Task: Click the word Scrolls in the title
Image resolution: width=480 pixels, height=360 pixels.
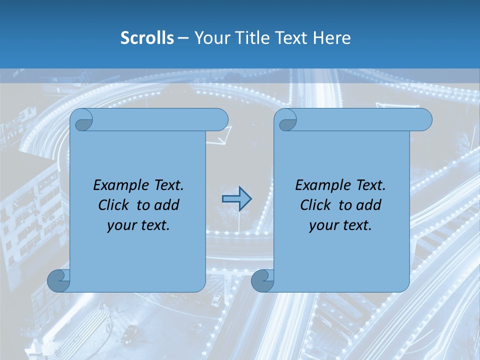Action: (x=147, y=38)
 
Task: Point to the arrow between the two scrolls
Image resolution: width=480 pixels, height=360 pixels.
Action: (x=236, y=199)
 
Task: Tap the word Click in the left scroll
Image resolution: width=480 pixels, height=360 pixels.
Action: (x=113, y=205)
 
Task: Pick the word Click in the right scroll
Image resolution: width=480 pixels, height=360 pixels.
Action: (x=315, y=205)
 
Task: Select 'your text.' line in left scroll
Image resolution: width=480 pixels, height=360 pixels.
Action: (x=138, y=225)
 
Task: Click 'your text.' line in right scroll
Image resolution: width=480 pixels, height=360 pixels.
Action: (x=340, y=225)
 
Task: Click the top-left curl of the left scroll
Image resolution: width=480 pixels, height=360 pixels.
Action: (x=82, y=120)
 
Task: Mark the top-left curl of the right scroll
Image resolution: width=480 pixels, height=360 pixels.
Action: (x=286, y=120)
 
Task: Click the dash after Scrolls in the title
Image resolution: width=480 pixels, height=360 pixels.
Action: (x=183, y=38)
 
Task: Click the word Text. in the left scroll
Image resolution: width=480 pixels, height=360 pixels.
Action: (x=167, y=185)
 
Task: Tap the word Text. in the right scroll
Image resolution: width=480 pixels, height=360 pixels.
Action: (x=369, y=185)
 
